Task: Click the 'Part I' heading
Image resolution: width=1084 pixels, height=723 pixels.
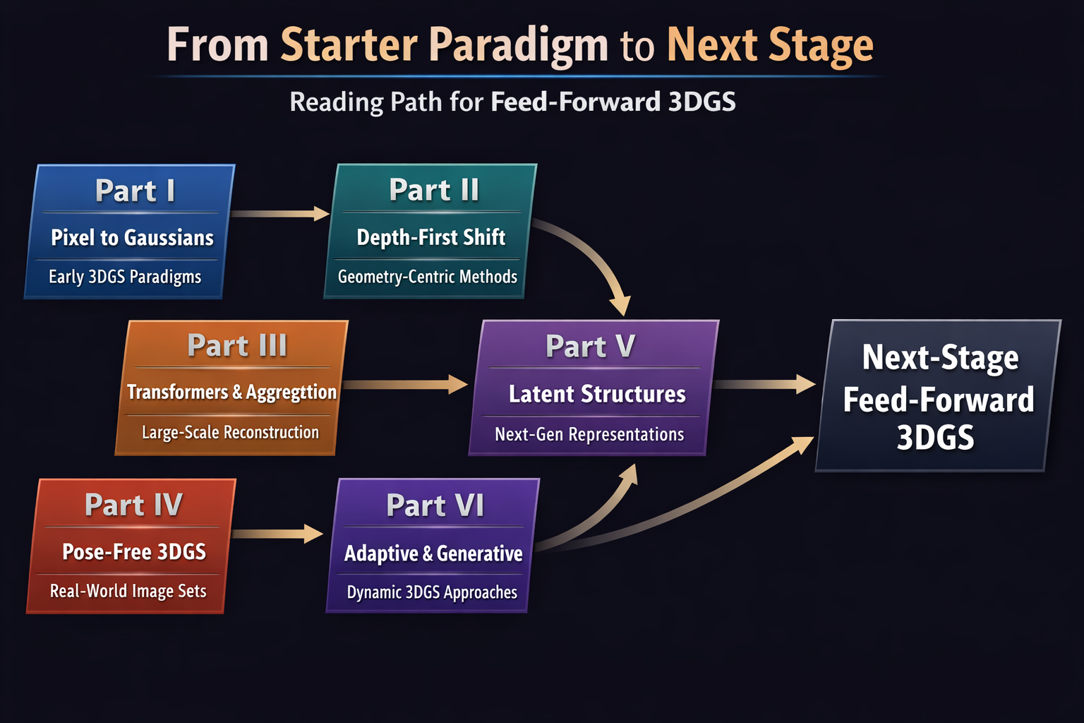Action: (x=135, y=191)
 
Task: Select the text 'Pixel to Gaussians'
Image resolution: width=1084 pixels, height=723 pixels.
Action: (x=132, y=238)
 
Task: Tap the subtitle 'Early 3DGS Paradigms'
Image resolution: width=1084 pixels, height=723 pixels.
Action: (x=125, y=277)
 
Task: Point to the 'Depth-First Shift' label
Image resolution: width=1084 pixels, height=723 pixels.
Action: (x=430, y=237)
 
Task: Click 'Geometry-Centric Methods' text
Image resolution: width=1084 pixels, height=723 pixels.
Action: (x=427, y=277)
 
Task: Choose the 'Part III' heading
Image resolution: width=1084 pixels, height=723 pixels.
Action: (x=237, y=346)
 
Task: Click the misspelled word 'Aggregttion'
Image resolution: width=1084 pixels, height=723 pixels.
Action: (x=291, y=393)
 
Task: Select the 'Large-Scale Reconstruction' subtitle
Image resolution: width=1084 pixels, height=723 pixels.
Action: (x=230, y=432)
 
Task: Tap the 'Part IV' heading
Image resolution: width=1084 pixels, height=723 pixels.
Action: (x=133, y=505)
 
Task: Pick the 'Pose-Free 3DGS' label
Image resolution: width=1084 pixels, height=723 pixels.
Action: (x=134, y=551)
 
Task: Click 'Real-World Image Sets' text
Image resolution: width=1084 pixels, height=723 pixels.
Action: (x=128, y=591)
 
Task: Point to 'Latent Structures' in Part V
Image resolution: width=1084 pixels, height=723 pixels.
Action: (x=597, y=394)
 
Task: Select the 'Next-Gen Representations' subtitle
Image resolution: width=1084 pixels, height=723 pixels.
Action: (x=589, y=434)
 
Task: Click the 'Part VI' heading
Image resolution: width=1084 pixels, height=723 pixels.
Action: (x=435, y=506)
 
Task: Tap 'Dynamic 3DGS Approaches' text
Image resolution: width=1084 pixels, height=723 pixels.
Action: (x=432, y=592)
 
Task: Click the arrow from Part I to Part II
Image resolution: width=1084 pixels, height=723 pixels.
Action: (x=279, y=213)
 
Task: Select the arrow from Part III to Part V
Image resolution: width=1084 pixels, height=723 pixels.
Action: (x=405, y=385)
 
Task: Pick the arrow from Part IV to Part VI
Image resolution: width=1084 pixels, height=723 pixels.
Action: (x=277, y=533)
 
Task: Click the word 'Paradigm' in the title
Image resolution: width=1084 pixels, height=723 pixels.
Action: (x=518, y=45)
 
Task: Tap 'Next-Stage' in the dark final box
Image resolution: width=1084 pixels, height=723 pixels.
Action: (x=940, y=357)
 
